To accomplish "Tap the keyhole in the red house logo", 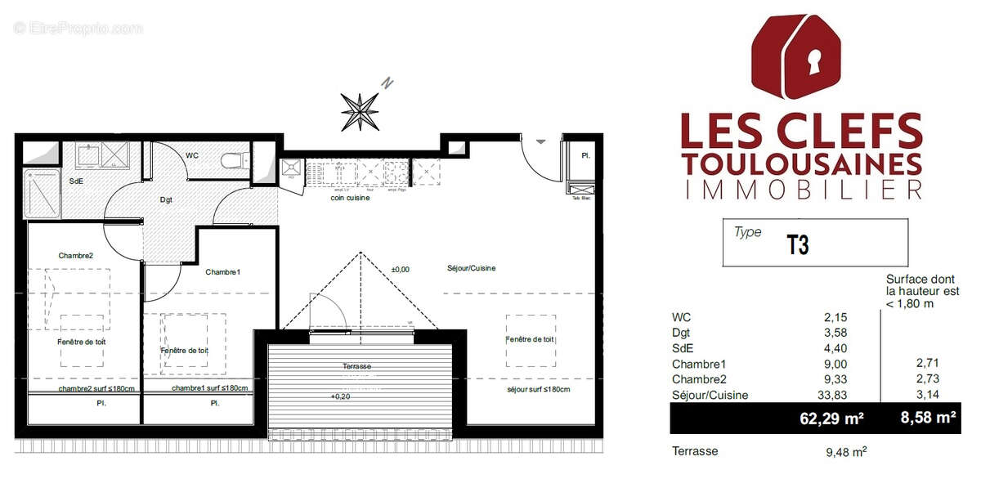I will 813,60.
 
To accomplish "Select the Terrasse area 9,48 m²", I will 845,450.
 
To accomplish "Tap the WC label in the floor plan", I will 192,155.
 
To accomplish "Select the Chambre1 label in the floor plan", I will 223,272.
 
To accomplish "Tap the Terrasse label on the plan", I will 357,367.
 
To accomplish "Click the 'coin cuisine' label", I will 350,198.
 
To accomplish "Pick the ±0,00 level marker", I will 401,269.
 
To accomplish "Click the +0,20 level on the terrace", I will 340,396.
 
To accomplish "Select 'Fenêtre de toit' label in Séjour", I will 530,339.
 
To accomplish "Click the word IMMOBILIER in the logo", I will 802,190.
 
